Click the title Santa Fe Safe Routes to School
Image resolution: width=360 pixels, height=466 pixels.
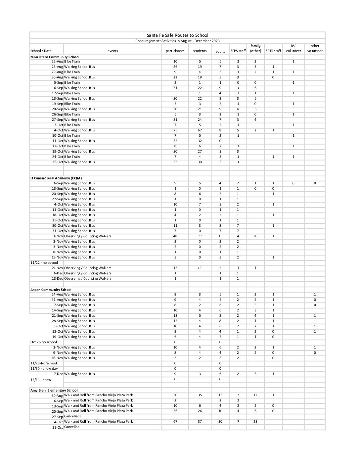(177, 35)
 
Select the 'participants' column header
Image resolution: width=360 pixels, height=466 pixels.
(175, 51)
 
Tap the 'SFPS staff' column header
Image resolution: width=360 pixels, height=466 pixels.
(238, 51)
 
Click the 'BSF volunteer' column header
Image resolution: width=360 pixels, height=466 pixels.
(293, 48)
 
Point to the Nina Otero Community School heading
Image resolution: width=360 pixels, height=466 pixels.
(55, 57)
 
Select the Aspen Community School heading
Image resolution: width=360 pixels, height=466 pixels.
(51, 290)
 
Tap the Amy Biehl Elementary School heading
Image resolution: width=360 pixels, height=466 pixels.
(54, 390)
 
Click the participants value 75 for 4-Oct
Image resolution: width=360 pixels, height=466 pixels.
(175, 130)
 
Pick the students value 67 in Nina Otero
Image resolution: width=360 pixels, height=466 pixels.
(200, 130)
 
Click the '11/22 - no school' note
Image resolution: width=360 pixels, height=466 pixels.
(44, 263)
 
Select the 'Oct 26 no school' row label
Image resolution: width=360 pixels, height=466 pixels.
(44, 342)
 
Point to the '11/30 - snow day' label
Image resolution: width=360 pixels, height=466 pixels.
(44, 369)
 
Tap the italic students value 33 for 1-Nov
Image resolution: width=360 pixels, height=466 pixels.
(200, 236)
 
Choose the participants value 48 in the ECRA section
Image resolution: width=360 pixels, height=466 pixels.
(175, 236)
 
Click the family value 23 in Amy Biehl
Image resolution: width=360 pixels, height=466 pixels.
(255, 422)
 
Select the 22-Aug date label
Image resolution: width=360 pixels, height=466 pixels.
(57, 62)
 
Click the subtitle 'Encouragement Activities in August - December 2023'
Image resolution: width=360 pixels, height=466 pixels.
(177, 41)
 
